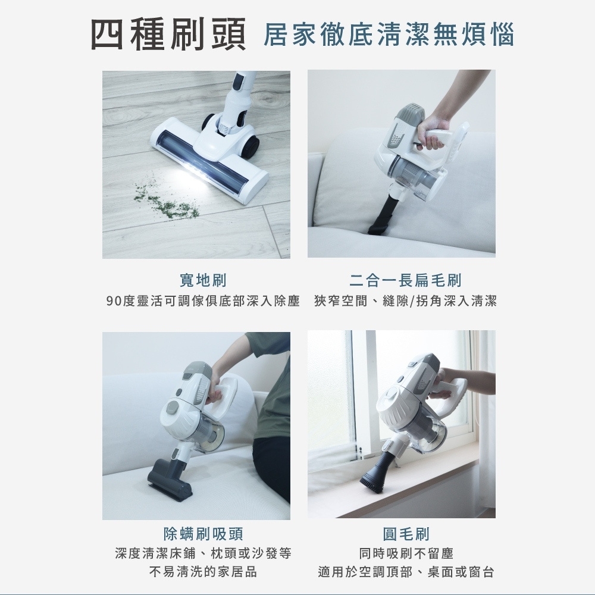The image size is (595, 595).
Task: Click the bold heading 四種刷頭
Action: coord(168,34)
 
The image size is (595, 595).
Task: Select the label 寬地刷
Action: coord(203,280)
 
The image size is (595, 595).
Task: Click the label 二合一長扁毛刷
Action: coord(405,280)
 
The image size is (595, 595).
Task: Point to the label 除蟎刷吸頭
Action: coord(203,534)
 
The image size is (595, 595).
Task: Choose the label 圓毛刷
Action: coord(406,534)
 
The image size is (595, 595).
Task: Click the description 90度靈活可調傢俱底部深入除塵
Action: coord(203,301)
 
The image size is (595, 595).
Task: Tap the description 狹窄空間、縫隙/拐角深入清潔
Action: coord(405,301)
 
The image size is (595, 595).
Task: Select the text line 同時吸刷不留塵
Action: coord(406,553)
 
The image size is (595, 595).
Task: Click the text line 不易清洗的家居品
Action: coord(203,571)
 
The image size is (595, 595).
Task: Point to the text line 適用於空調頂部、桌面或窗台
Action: coord(406,571)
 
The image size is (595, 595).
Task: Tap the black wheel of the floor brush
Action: coord(252,146)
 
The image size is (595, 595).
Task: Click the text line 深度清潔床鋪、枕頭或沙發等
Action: coord(203,553)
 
